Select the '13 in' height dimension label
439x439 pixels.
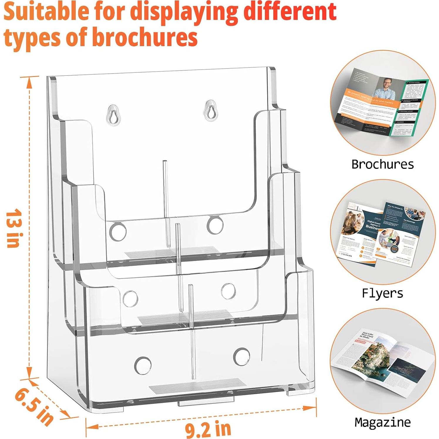click(13, 228)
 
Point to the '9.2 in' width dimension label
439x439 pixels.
click(208, 429)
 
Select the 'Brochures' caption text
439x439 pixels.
click(383, 164)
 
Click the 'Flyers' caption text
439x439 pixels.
click(382, 293)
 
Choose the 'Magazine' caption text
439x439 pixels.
click(382, 422)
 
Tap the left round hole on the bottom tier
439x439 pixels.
click(143, 366)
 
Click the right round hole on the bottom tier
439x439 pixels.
click(241, 356)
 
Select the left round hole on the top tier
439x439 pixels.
click(118, 232)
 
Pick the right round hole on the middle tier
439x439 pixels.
click(228, 291)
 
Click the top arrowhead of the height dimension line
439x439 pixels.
click(29, 83)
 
